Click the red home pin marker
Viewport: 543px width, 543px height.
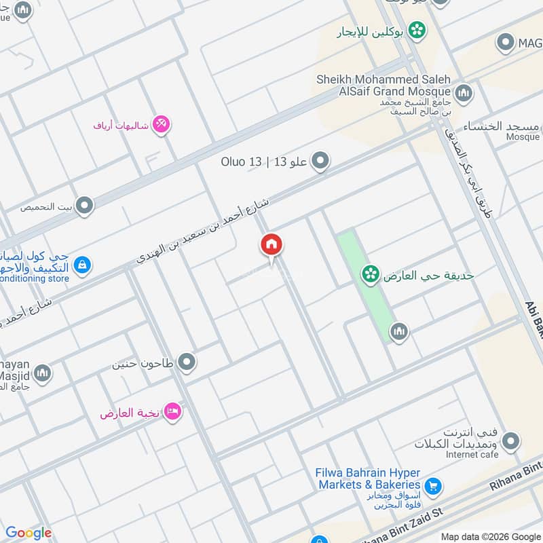pyautogui.click(x=271, y=246)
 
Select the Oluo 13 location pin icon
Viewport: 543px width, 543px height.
pyautogui.click(x=321, y=162)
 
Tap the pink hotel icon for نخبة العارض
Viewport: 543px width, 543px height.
pyautogui.click(x=173, y=412)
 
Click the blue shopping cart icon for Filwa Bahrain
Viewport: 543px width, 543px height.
pyautogui.click(x=432, y=486)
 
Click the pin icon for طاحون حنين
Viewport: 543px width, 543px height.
pyautogui.click(x=187, y=362)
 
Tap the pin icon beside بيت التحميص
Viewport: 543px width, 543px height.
pyautogui.click(x=84, y=205)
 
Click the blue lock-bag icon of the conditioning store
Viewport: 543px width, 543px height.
pyautogui.click(x=82, y=265)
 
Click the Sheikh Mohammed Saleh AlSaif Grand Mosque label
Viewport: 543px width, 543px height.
pyautogui.click(x=383, y=85)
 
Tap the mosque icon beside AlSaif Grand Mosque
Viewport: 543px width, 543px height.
pyautogui.click(x=464, y=93)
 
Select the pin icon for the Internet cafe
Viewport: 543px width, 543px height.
pyautogui.click(x=512, y=442)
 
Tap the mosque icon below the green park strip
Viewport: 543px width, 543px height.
pyautogui.click(x=398, y=331)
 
